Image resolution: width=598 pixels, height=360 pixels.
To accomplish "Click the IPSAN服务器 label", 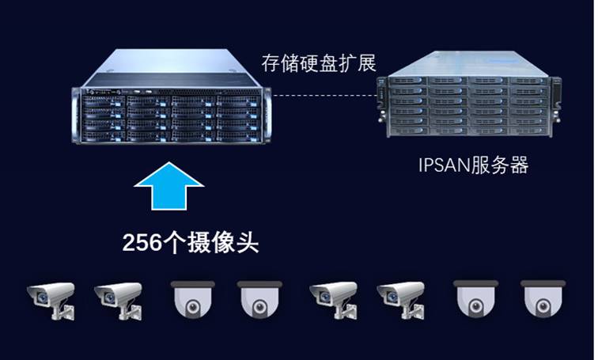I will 472,166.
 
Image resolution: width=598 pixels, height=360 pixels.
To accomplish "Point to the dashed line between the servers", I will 324,96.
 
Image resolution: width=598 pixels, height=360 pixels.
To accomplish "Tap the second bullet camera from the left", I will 118,299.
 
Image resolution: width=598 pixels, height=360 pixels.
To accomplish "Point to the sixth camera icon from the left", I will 400,299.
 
